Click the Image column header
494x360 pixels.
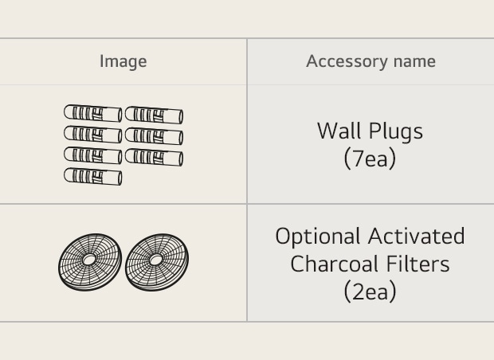[123, 62]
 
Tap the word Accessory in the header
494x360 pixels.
[347, 62]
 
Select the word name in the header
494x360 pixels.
[414, 61]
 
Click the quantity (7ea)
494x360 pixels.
[370, 158]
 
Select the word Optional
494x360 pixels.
[318, 237]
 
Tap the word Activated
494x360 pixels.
[417, 236]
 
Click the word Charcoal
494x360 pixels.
[335, 264]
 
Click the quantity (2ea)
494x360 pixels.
[370, 292]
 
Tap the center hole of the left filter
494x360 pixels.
[89, 260]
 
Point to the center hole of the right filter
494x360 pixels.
[156, 260]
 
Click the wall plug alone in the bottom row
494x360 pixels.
[93, 177]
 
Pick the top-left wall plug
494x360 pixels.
[93, 113]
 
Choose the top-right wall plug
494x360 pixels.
[154, 115]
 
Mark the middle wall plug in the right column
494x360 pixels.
[154, 136]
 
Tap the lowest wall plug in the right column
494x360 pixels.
[154, 158]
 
